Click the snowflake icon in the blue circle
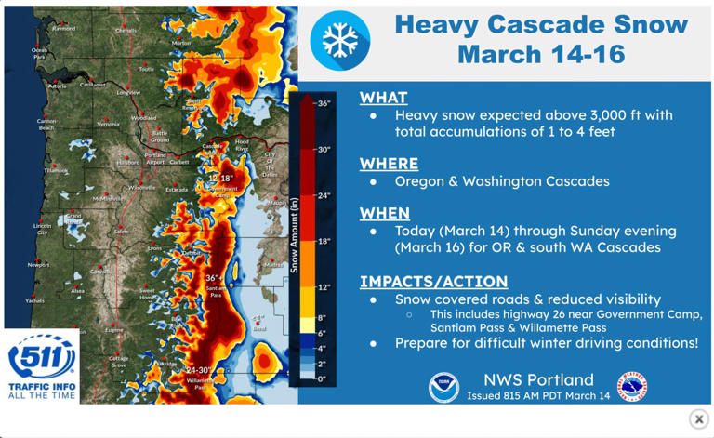coord(339,40)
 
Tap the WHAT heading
coord(383,97)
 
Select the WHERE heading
coord(389,164)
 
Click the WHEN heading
coord(385,213)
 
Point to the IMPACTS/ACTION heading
coord(433,281)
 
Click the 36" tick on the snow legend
coord(324,103)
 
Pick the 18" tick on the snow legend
coord(324,241)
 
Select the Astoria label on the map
coord(57,86)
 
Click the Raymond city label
coord(64,29)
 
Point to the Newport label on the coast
coord(38,265)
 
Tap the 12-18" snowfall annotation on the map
coord(220,177)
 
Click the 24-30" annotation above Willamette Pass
coord(197,369)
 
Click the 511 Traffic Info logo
coord(40,365)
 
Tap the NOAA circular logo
coord(443,387)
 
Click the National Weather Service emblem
coord(632,387)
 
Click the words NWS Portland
coord(538,379)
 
